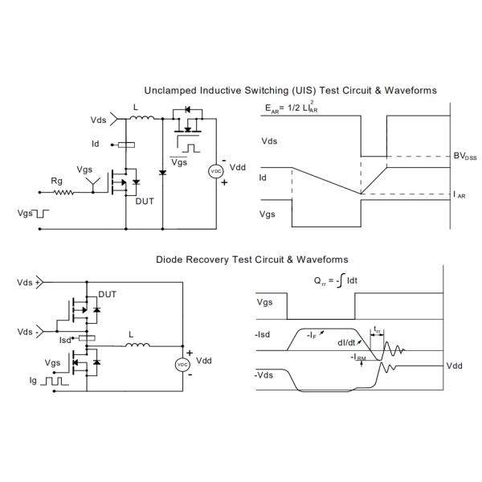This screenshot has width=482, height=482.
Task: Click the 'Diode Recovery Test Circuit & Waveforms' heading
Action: pyautogui.click(x=251, y=259)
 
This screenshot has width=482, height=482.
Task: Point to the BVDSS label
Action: pyautogui.click(x=465, y=157)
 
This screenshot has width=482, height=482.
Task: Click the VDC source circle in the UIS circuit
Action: pyautogui.click(x=215, y=171)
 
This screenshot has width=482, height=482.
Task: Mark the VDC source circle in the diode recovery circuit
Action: pyautogui.click(x=182, y=365)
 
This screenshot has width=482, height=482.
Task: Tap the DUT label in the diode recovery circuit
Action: pyautogui.click(x=107, y=295)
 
